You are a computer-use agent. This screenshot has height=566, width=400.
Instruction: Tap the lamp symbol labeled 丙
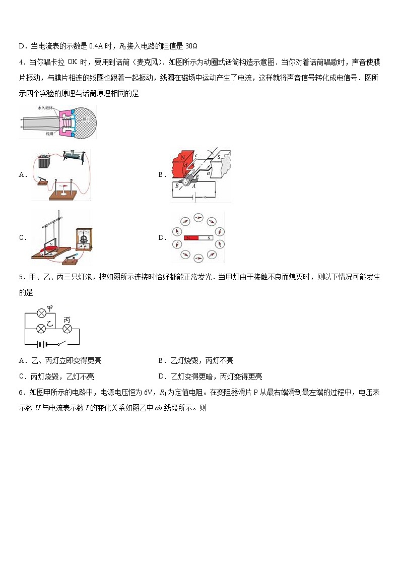[66, 328]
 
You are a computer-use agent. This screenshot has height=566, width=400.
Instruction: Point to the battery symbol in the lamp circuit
[42, 345]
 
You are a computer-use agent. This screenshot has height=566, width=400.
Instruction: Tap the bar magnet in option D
[198, 237]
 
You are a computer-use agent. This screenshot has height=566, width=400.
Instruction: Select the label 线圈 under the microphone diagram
[49, 134]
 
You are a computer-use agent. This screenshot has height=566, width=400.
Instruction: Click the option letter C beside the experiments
[22, 238]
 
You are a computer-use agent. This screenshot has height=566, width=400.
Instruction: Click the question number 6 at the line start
[21, 393]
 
